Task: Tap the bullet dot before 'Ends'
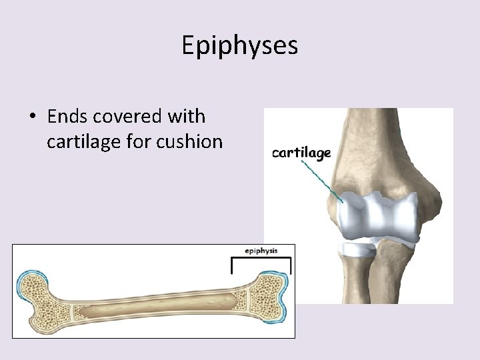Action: [32, 117]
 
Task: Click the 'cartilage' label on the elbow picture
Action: [301, 153]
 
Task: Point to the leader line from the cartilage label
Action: [321, 177]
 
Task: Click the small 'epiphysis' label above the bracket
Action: [261, 251]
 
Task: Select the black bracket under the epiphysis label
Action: [261, 259]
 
